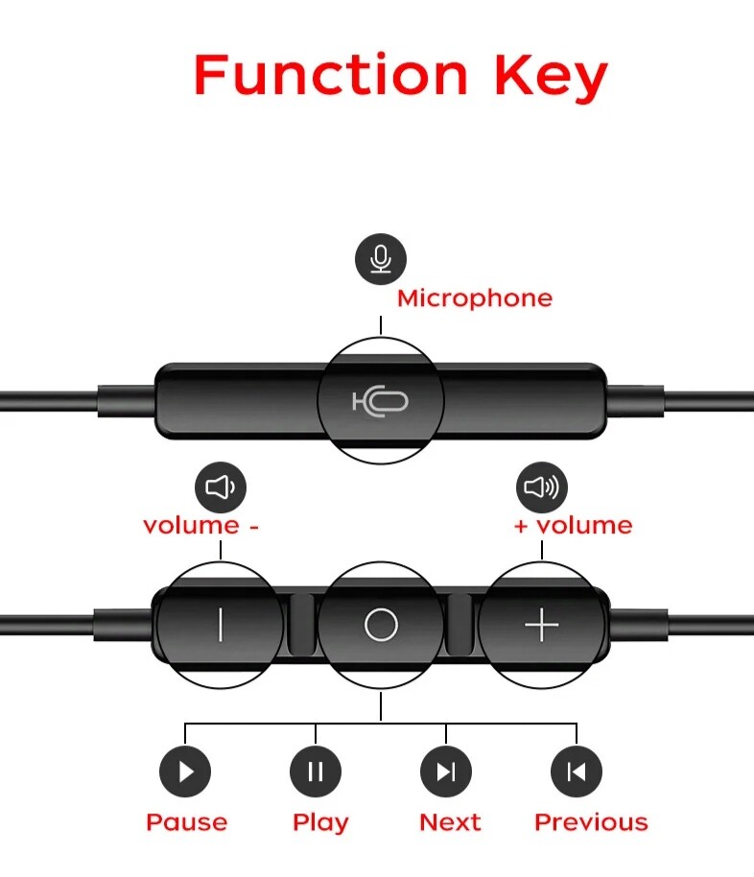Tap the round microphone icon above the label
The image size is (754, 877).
[x=381, y=259]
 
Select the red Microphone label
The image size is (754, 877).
[x=475, y=298]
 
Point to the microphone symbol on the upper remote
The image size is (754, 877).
[x=380, y=401]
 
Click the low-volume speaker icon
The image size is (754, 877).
[x=221, y=487]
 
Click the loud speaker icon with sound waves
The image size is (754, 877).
[x=541, y=487]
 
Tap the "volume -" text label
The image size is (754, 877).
[x=200, y=525]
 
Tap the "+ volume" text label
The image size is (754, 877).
[x=574, y=525]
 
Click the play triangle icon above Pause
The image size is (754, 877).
[x=185, y=771]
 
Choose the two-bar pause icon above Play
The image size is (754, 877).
[x=316, y=771]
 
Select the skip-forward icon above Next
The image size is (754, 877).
[x=446, y=771]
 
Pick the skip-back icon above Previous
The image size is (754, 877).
[x=577, y=771]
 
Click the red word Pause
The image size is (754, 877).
[x=187, y=822]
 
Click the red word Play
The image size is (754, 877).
[x=320, y=823]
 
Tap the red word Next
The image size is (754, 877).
[x=450, y=822]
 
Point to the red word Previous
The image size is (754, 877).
[x=591, y=822]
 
